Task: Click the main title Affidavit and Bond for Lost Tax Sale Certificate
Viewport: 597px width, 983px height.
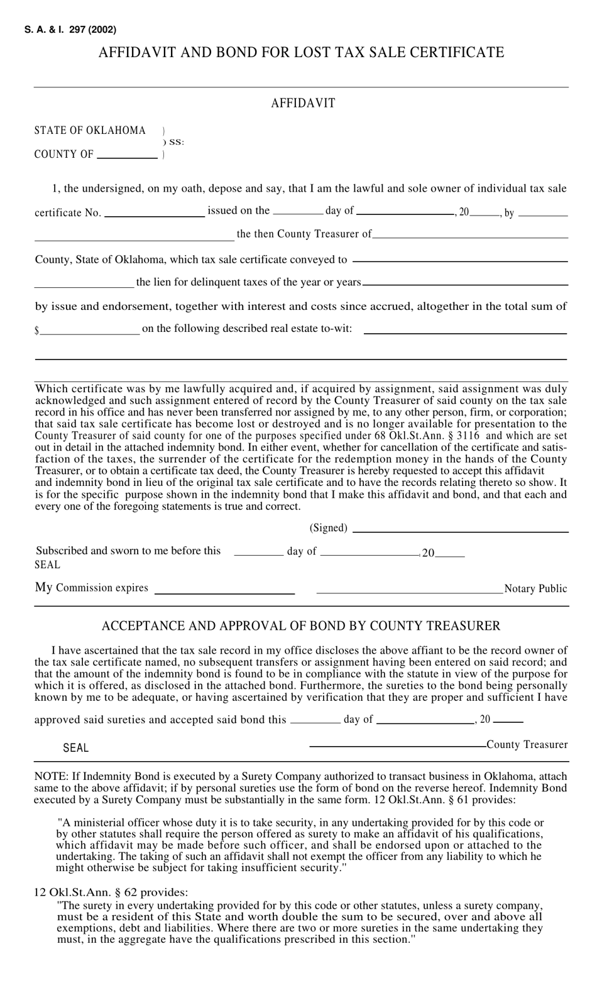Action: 301,52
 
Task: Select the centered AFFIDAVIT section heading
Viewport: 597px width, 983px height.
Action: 303,103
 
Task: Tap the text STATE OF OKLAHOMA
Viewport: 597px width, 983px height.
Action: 90,130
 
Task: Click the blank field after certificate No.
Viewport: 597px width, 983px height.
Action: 155,215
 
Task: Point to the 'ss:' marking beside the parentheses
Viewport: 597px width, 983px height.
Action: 176,143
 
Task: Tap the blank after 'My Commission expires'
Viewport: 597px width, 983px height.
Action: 224,592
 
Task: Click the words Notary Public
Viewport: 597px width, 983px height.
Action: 535,589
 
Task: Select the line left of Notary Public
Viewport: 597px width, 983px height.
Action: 410,592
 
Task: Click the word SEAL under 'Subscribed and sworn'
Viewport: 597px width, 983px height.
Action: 48,565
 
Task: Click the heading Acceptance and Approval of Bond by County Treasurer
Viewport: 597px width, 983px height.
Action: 301,626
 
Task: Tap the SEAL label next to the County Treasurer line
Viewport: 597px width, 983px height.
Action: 76,748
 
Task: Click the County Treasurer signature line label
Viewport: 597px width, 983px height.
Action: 527,745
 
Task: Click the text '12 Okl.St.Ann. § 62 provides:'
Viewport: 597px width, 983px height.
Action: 111,892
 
